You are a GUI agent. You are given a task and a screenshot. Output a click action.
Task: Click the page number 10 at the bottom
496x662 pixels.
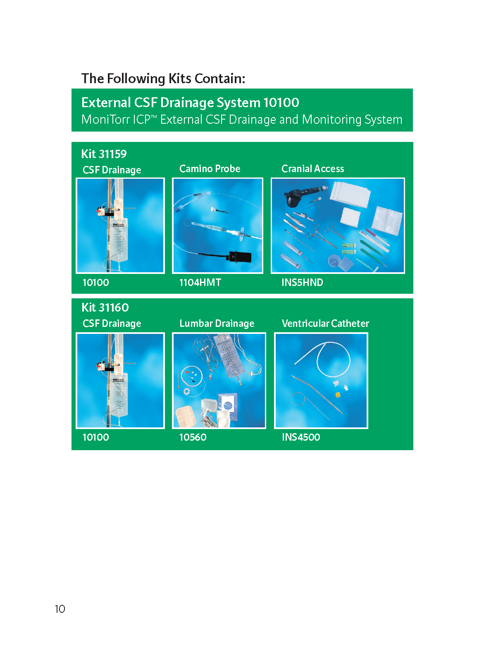pos(60,609)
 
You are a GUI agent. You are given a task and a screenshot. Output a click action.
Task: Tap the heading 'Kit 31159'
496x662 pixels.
pos(104,154)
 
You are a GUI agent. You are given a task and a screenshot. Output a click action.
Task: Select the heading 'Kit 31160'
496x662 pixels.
pos(105,307)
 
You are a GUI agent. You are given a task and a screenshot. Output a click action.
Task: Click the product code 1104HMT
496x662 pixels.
pos(200,282)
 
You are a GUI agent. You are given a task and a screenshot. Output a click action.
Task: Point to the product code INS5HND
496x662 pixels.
pos(302,282)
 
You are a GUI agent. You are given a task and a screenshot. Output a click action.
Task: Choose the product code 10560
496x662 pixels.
pos(193,437)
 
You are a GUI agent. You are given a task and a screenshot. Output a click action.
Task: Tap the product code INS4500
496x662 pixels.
pos(301,437)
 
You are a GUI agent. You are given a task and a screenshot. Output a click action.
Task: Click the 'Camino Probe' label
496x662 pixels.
pos(210,168)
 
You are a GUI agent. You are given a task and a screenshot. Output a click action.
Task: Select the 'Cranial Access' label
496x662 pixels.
pos(312,168)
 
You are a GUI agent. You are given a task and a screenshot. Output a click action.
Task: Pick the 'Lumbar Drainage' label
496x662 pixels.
pos(217,323)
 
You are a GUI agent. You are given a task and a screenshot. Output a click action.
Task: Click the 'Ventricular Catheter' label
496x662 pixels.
pos(325,323)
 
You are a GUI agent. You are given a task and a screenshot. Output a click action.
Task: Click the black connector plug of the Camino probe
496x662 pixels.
pos(240,257)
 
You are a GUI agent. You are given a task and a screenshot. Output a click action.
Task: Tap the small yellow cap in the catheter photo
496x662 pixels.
pos(338,394)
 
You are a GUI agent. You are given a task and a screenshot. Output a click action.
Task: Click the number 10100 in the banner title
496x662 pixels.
pos(281,103)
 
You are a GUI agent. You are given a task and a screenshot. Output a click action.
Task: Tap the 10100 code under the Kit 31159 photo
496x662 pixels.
pos(96,282)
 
